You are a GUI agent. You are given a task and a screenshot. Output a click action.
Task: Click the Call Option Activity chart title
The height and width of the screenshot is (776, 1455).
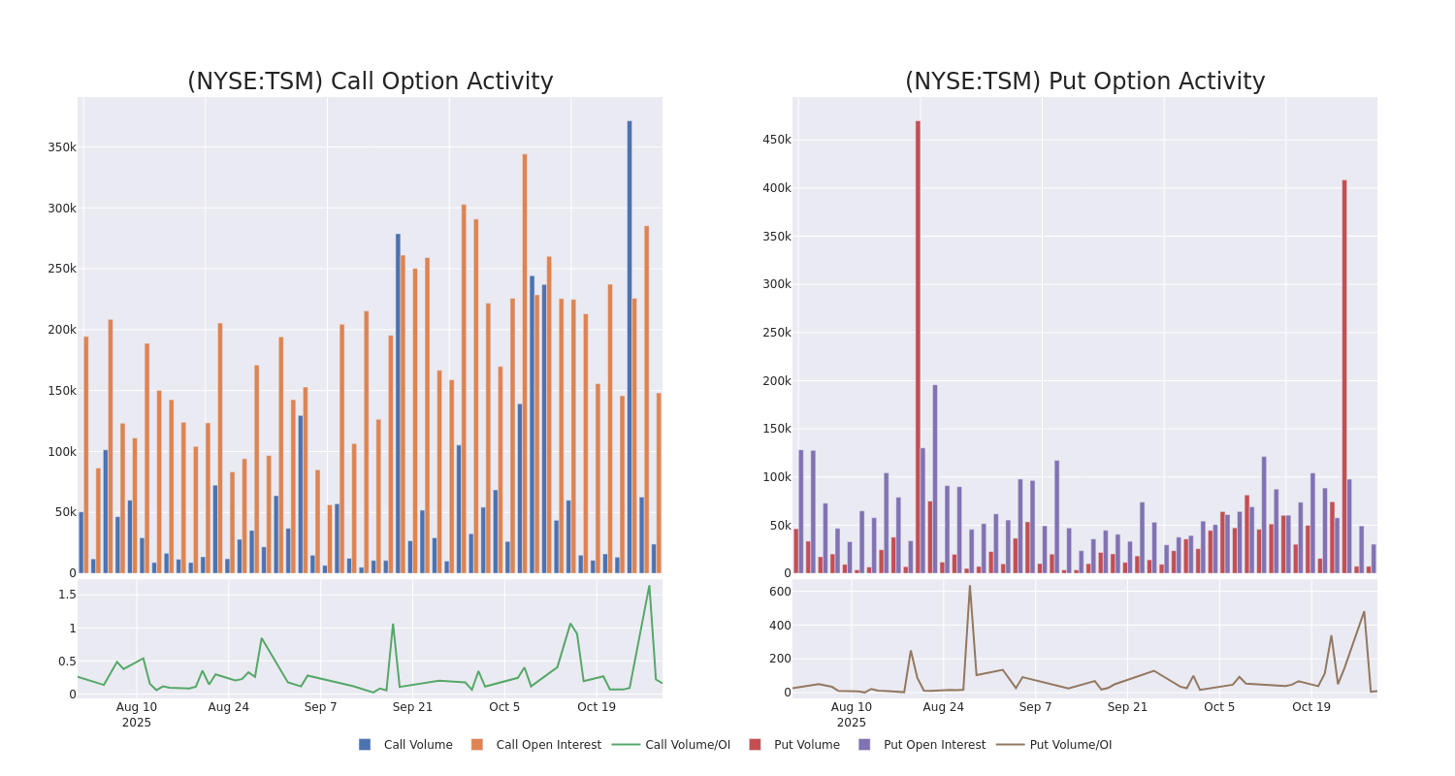click(x=370, y=81)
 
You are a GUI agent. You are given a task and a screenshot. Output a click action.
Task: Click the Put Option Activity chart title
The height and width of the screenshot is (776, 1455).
click(x=1084, y=81)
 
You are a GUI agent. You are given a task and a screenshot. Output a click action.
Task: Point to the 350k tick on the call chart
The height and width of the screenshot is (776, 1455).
click(x=61, y=147)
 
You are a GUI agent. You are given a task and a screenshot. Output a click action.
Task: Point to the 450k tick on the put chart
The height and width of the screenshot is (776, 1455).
click(x=776, y=140)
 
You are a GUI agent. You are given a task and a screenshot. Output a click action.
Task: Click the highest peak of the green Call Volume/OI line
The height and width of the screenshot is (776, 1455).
click(x=649, y=586)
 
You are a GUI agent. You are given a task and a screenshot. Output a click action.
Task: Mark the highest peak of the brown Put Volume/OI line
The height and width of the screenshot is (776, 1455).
click(x=969, y=586)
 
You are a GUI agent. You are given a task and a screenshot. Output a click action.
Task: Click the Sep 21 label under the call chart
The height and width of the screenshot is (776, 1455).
click(x=412, y=707)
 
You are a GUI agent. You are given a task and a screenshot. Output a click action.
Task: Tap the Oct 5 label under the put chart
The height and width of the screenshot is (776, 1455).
click(x=1219, y=707)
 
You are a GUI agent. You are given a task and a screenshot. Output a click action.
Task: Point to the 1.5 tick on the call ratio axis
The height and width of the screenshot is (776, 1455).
click(x=66, y=595)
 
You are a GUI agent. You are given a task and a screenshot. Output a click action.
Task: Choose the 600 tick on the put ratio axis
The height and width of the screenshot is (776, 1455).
click(x=780, y=592)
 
